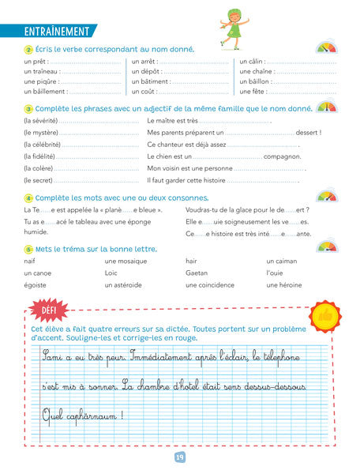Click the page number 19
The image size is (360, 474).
(x=180, y=456)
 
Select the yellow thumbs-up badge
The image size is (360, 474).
(x=325, y=316)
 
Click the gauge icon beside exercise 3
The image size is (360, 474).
(x=325, y=106)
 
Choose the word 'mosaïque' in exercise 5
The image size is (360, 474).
(x=126, y=260)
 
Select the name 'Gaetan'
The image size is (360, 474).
(x=197, y=273)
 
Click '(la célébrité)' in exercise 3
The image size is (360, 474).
(x=42, y=145)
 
